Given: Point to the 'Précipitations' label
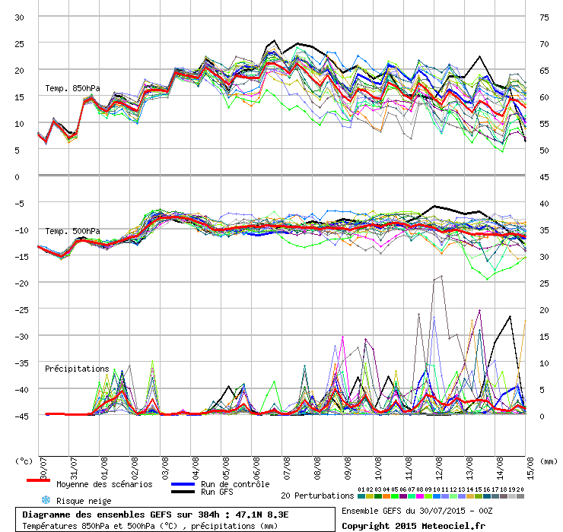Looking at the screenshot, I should (x=77, y=369).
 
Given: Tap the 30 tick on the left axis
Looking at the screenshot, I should (x=20, y=17).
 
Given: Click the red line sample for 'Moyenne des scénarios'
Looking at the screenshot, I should (x=38, y=480).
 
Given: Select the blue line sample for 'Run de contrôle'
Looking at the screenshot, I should (x=183, y=484).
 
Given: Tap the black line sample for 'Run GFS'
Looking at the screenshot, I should (x=183, y=492).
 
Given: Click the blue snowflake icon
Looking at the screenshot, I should (x=45, y=500).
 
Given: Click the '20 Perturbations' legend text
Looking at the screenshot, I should (x=317, y=496).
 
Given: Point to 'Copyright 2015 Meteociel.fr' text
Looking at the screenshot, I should (x=414, y=525).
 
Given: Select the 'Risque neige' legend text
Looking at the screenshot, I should (x=84, y=501).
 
